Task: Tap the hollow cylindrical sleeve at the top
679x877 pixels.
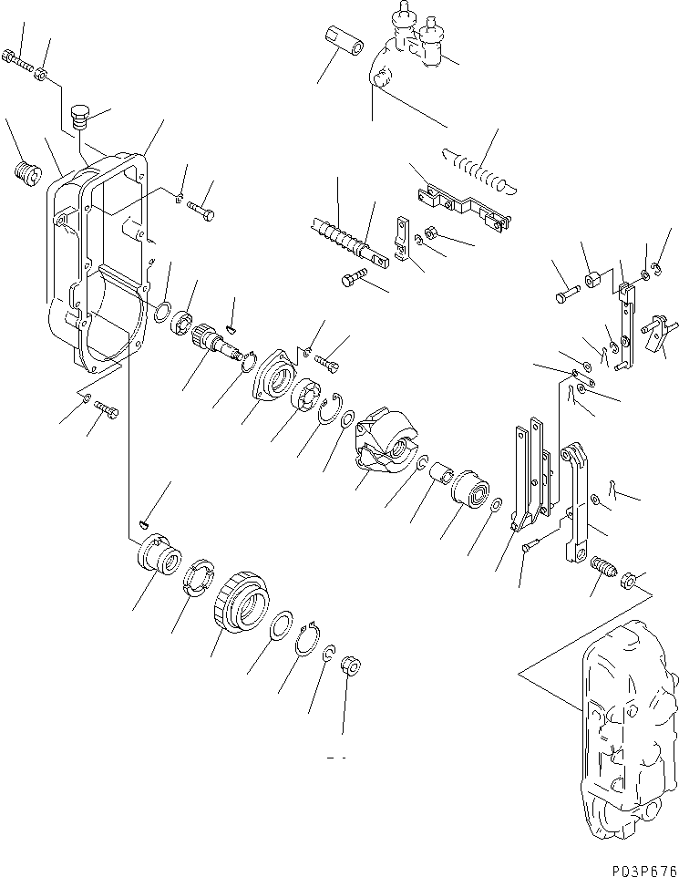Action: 345,43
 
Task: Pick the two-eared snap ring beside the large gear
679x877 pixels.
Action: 313,645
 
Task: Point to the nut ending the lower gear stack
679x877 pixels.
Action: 347,667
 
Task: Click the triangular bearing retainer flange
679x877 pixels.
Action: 272,377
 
